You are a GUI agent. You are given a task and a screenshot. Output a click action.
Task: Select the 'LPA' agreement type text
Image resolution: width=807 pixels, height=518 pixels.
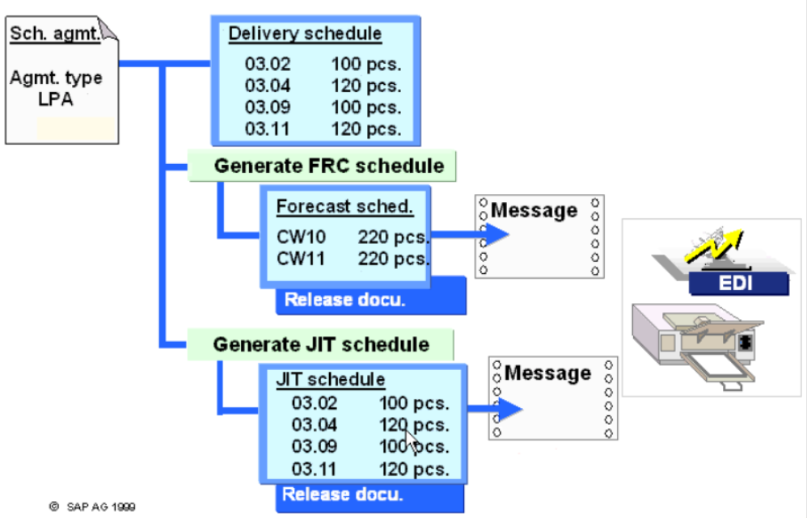pos(56,101)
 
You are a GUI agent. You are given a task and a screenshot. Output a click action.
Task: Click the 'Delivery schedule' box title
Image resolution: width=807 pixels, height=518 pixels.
pos(305,34)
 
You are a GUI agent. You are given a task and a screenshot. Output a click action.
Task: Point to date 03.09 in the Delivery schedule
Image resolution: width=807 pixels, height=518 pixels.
pos(267,107)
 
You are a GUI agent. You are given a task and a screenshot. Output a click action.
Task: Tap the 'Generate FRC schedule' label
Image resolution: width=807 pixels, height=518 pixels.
pos(328,166)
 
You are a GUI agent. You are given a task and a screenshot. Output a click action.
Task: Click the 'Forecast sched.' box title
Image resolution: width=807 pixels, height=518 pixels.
pos(344,206)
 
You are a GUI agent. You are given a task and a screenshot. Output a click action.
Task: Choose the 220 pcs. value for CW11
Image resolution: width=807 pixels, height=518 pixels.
pos(394,259)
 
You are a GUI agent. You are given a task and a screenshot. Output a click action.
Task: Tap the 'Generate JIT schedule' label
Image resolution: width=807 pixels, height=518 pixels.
pos(321,344)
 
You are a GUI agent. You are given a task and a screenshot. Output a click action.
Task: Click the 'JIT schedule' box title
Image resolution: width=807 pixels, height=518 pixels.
pos(331,379)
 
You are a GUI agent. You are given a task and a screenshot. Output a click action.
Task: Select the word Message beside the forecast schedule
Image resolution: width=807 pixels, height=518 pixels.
pos(534,211)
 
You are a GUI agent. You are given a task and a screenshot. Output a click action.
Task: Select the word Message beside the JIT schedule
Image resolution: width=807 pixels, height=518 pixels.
pos(547,373)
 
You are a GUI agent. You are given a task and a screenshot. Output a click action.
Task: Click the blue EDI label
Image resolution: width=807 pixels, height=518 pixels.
pos(737,284)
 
